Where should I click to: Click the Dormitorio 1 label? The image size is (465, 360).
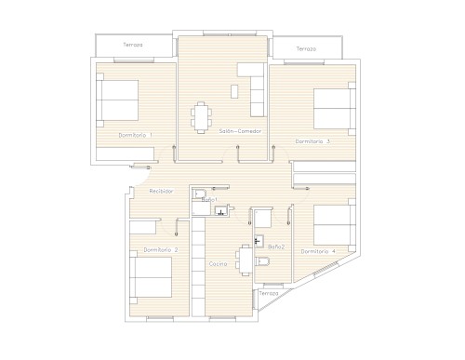click(135, 135)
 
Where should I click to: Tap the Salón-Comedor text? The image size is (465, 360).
click(240, 131)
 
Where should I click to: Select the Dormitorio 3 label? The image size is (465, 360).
click(312, 141)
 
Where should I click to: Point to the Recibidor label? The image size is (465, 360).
click(161, 192)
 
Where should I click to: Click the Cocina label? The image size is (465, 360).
click(218, 264)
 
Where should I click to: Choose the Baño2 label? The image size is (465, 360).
click(276, 247)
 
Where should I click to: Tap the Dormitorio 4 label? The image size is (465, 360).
click(318, 251)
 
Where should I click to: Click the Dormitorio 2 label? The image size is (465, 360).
click(161, 250)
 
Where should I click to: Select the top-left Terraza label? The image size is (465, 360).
click(133, 45)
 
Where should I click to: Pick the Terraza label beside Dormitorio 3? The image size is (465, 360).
click(306, 49)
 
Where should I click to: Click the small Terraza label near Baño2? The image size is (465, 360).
click(269, 293)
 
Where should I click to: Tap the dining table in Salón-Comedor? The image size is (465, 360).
click(201, 118)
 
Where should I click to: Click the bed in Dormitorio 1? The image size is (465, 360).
click(117, 100)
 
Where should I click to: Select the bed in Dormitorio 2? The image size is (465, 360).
click(151, 277)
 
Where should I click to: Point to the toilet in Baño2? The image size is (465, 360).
click(262, 261)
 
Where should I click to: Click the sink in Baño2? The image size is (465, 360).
click(259, 240)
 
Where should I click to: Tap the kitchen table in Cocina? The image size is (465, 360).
click(245, 260)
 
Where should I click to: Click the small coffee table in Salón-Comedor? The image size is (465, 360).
click(234, 91)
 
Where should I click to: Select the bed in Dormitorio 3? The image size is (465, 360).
click(335, 109)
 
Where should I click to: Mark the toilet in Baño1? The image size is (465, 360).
click(199, 194)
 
